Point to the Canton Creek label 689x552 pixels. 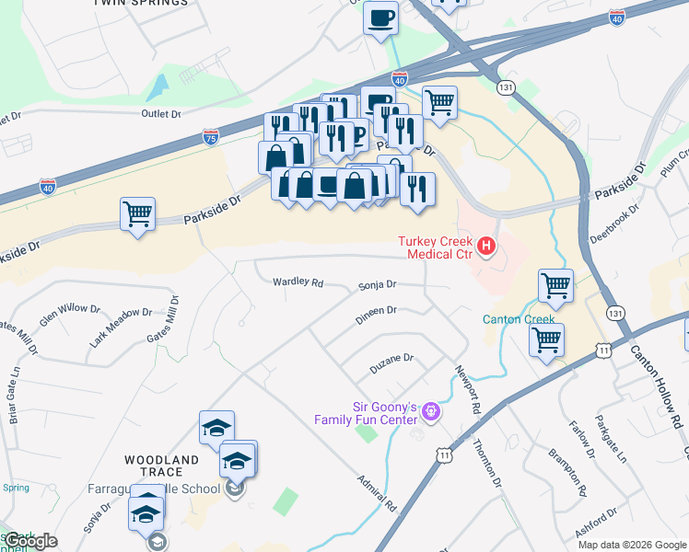[x=519, y=320]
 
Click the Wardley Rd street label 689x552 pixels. [x=298, y=282]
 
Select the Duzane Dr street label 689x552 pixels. [x=392, y=362]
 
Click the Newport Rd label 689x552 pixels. [x=468, y=390]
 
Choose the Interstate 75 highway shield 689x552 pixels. [x=211, y=137]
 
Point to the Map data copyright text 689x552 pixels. [x=632, y=545]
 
